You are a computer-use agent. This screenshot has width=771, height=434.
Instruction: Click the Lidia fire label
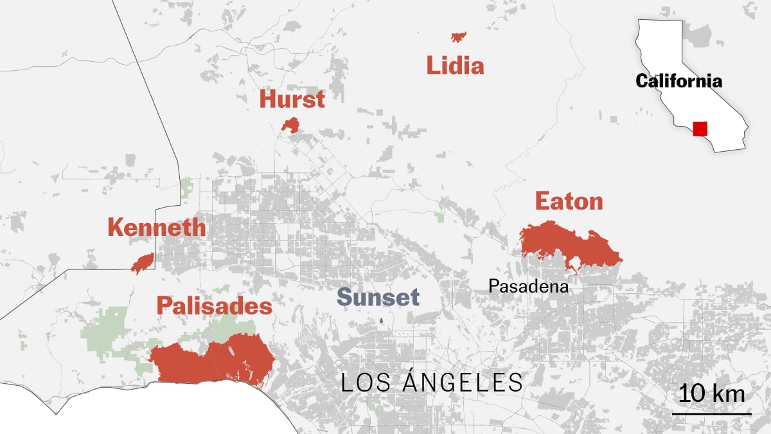pyautogui.click(x=455, y=66)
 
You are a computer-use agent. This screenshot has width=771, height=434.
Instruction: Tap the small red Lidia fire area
pyautogui.click(x=459, y=37)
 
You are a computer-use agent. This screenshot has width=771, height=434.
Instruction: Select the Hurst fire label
pyautogui.click(x=292, y=100)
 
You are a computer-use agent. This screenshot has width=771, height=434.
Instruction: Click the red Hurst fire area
pyautogui.click(x=291, y=125)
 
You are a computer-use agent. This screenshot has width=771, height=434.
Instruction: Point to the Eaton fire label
pyautogui.click(x=569, y=201)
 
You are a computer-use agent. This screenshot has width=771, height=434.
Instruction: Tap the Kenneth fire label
pyautogui.click(x=157, y=227)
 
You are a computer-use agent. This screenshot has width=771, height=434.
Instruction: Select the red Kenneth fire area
pyautogui.click(x=143, y=262)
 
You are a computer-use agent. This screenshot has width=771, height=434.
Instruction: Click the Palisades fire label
pyautogui.click(x=215, y=306)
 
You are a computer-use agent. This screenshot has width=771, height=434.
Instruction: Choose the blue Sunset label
pyautogui.click(x=378, y=297)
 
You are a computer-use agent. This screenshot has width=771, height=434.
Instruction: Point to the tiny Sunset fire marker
pyautogui.click(x=380, y=321)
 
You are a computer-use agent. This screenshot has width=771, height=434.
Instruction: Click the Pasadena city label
pyautogui.click(x=528, y=286)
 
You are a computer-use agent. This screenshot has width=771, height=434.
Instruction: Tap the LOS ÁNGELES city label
pyautogui.click(x=431, y=383)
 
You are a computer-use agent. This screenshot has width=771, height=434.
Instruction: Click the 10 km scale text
pyautogui.click(x=712, y=393)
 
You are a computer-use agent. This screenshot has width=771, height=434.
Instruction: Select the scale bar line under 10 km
pyautogui.click(x=711, y=413)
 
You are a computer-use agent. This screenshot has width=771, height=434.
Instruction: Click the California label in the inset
pyautogui.click(x=678, y=81)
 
